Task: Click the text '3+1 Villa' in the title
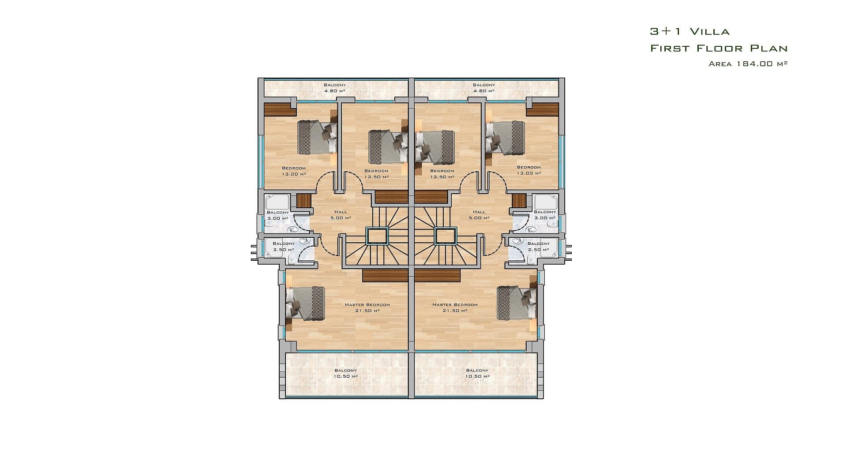click(690, 31)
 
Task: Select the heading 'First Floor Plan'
click(719, 48)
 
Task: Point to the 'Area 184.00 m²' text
click(748, 64)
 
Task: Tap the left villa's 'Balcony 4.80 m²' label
click(335, 88)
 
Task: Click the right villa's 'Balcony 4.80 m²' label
click(484, 88)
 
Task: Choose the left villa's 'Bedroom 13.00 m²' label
click(294, 171)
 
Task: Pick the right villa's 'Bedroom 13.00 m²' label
click(529, 170)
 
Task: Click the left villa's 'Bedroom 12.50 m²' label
click(376, 174)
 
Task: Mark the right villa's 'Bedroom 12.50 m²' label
click(442, 174)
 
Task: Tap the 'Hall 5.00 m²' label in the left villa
click(341, 215)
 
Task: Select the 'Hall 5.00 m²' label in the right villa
click(479, 215)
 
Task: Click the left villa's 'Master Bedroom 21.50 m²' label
click(367, 307)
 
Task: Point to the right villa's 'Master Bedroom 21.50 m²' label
click(455, 307)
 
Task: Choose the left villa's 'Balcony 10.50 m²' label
click(346, 373)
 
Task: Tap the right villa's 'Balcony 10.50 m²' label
click(477, 373)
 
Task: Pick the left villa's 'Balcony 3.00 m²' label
click(278, 215)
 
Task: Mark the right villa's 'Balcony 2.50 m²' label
click(539, 247)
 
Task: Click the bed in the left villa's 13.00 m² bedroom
click(317, 137)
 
